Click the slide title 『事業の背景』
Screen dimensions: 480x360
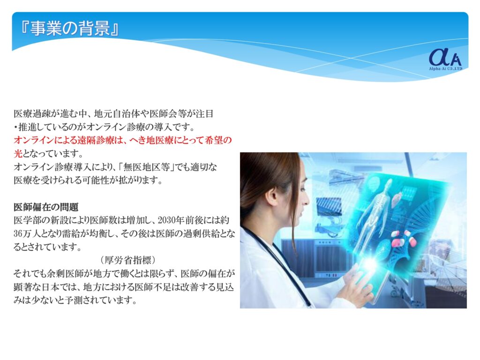[x=69, y=29]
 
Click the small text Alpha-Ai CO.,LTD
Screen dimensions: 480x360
[x=445, y=69]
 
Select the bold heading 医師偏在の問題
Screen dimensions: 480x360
[x=46, y=207]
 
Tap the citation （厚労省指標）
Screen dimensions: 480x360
[x=128, y=260]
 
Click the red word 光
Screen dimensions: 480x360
[x=18, y=153]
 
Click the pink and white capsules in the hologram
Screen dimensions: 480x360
[x=402, y=238]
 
